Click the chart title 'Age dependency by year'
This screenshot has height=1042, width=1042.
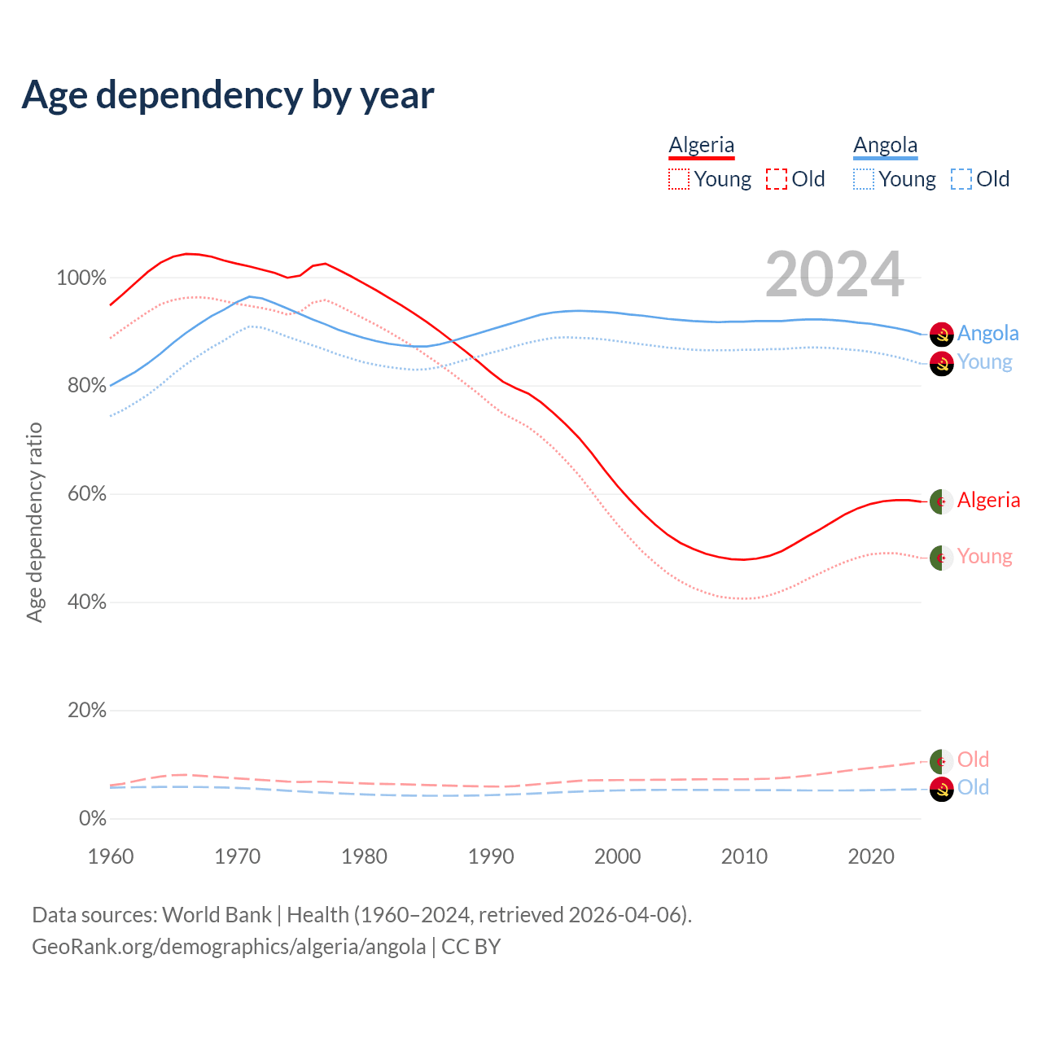(x=228, y=95)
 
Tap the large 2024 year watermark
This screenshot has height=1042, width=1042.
(x=834, y=274)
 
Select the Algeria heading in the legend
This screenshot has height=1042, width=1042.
(x=701, y=145)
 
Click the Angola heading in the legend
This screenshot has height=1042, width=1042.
(x=885, y=145)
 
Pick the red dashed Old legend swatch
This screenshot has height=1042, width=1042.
(x=777, y=179)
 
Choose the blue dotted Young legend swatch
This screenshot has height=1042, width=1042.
(x=864, y=179)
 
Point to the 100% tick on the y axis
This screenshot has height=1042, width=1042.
(x=81, y=278)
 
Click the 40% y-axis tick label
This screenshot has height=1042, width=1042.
(x=85, y=602)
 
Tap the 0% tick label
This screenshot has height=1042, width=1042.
(x=92, y=819)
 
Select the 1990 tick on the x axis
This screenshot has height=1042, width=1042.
(x=491, y=856)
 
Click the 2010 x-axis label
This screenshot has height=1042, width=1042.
(x=744, y=856)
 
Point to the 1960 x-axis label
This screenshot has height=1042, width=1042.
(x=111, y=856)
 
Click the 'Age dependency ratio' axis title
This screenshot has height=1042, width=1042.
(x=34, y=522)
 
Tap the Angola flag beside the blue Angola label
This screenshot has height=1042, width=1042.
(x=941, y=334)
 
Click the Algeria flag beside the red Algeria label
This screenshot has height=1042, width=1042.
(x=941, y=501)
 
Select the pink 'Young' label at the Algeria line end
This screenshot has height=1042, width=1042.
(x=984, y=556)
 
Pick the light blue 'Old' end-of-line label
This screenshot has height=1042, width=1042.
(x=973, y=787)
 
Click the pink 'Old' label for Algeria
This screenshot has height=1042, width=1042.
(x=973, y=760)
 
